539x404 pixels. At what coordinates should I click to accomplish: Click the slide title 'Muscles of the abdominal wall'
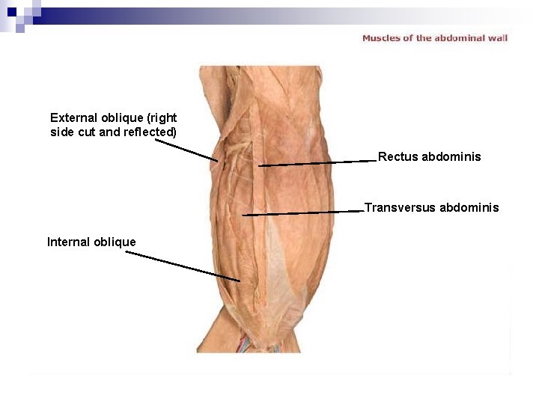pyautogui.click(x=435, y=37)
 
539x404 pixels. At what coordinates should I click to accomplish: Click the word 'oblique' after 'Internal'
pyautogui.click(x=115, y=242)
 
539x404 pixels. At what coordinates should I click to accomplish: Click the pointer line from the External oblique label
pyautogui.click(x=186, y=150)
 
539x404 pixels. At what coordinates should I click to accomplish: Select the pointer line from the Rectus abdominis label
pyautogui.click(x=314, y=163)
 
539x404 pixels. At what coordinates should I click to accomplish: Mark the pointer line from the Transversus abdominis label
pyautogui.click(x=303, y=213)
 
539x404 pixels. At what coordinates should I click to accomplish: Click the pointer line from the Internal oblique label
pyautogui.click(x=183, y=266)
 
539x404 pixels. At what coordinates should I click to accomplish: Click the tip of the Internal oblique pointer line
pyautogui.click(x=240, y=281)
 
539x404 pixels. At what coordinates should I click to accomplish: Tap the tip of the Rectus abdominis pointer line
pyautogui.click(x=259, y=166)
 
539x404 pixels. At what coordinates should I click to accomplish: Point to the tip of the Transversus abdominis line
pyautogui.click(x=243, y=215)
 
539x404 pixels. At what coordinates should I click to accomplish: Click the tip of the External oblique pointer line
pyautogui.click(x=218, y=160)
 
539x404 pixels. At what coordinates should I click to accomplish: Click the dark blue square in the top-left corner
pyautogui.click(x=11, y=12)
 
